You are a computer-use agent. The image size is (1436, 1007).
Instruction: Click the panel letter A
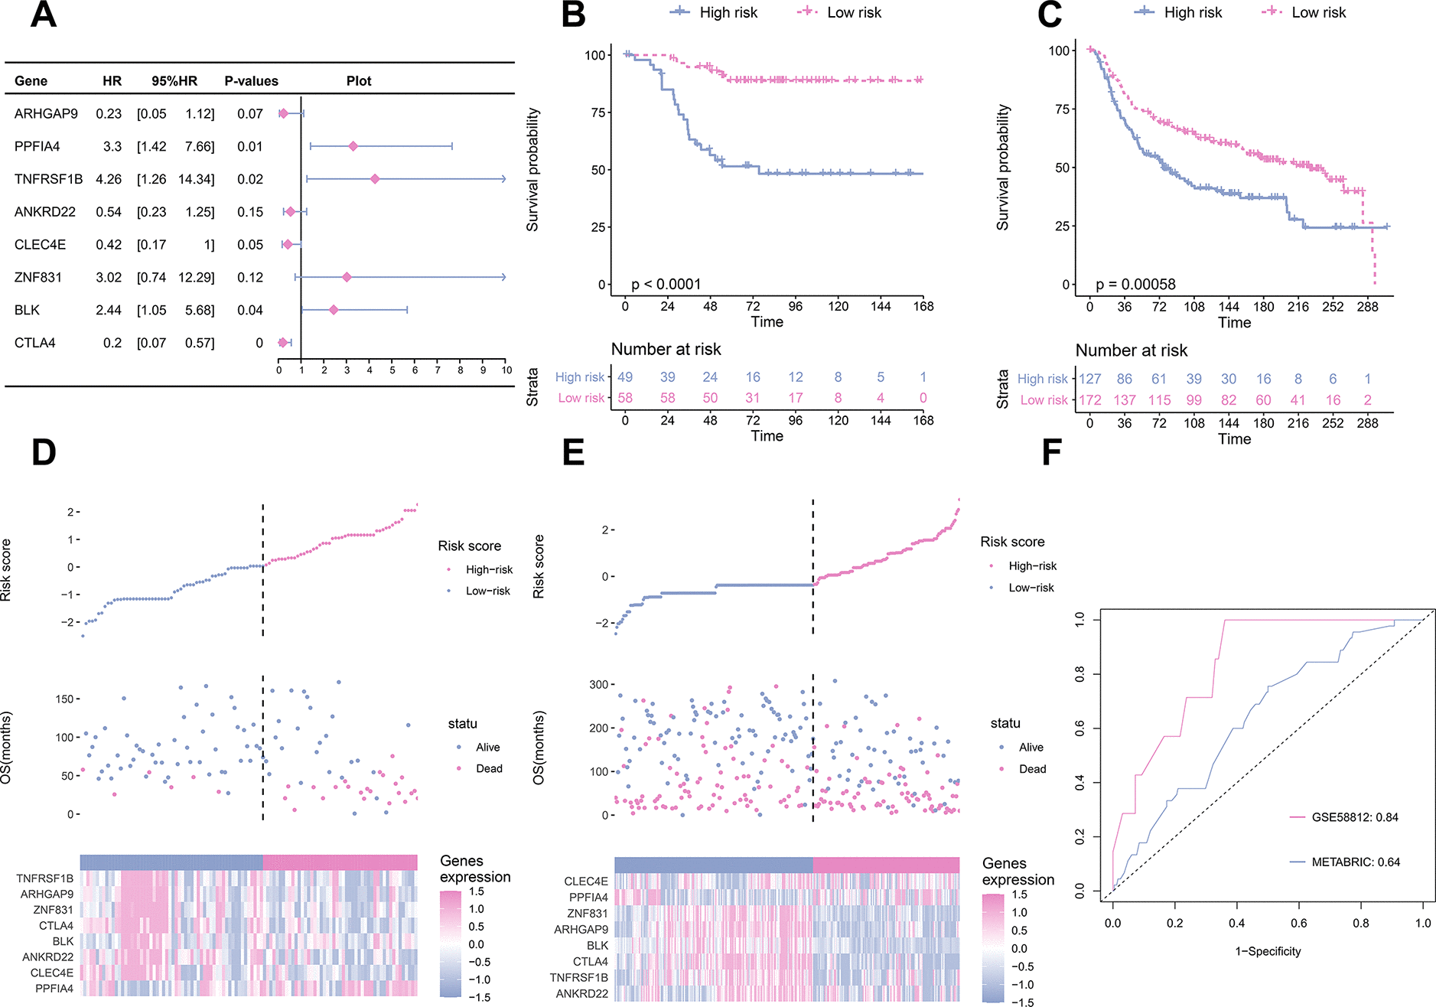(x=44, y=15)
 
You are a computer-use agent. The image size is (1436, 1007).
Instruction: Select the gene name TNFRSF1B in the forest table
(x=48, y=179)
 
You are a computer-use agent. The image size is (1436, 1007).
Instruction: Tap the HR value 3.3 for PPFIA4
(x=112, y=146)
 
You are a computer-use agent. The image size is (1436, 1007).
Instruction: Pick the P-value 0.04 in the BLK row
(x=250, y=310)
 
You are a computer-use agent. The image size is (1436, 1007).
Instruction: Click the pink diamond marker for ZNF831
(x=347, y=277)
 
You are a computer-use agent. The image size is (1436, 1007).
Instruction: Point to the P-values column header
(x=251, y=81)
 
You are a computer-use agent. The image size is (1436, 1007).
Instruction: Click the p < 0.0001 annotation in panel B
(x=666, y=285)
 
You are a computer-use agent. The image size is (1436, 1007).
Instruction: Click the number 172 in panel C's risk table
(x=1090, y=400)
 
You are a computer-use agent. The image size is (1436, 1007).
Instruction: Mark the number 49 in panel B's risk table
(x=625, y=377)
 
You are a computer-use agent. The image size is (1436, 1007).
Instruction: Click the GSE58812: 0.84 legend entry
(x=1354, y=817)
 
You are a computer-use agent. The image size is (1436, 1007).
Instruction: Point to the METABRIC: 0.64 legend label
(x=1355, y=862)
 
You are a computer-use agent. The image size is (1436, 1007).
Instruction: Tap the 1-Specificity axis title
(x=1268, y=951)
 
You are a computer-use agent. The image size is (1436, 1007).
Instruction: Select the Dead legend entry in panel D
(x=489, y=768)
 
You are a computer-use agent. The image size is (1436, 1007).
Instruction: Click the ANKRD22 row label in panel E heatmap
(x=581, y=994)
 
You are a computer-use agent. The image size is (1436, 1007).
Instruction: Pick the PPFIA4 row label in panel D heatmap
(x=54, y=989)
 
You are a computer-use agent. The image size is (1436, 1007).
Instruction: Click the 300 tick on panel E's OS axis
(x=598, y=685)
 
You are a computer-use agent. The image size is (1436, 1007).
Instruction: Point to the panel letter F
(x=1052, y=452)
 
